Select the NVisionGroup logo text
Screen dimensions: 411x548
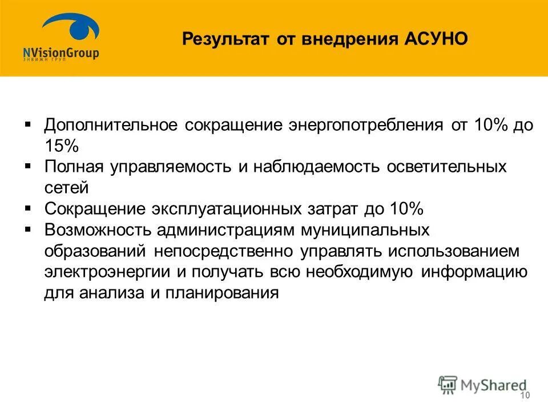[x=61, y=53]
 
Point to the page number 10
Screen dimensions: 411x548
[x=525, y=396]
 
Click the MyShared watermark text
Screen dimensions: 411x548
[x=494, y=385]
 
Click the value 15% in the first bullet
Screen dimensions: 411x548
[x=61, y=146]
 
